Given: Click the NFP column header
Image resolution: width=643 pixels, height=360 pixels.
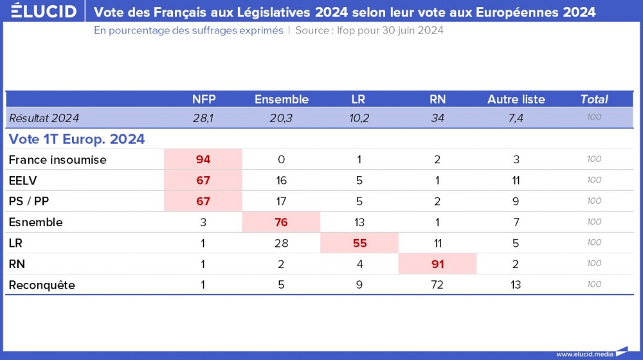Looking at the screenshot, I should [x=204, y=99].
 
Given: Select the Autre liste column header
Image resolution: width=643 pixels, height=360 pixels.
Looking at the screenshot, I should [x=516, y=99].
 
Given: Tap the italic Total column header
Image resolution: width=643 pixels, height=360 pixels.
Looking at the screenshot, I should [x=593, y=99].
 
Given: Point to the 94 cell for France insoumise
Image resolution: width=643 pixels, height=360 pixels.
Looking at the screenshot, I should [x=203, y=159].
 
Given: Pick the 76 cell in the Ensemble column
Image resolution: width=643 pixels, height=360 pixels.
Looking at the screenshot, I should [x=281, y=222].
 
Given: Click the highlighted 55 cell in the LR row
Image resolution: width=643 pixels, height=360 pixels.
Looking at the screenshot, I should [x=359, y=243].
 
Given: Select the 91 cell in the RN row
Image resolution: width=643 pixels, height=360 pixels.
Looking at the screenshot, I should [x=437, y=264].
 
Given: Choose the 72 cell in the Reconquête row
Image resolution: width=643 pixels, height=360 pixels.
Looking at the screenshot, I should [x=437, y=285].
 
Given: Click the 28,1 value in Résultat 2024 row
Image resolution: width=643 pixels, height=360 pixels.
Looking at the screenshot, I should [x=204, y=118].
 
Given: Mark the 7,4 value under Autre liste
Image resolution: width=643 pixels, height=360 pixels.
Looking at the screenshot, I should [x=516, y=118].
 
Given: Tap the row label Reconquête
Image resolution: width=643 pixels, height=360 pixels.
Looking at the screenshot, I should [x=42, y=285].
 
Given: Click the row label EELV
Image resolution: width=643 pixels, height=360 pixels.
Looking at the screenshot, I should [x=23, y=181].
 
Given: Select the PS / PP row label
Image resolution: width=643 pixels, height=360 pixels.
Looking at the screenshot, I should [x=29, y=201].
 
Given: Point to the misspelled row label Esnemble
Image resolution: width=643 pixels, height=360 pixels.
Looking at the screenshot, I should [x=35, y=222].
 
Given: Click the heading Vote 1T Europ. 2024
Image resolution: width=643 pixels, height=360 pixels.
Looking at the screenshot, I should [x=77, y=139].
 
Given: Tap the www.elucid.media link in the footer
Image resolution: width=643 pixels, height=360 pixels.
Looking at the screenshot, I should [x=585, y=354].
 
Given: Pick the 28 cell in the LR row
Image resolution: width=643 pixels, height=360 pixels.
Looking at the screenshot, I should [x=281, y=243].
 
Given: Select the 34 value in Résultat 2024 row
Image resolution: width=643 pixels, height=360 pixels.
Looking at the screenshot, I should [x=437, y=118].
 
